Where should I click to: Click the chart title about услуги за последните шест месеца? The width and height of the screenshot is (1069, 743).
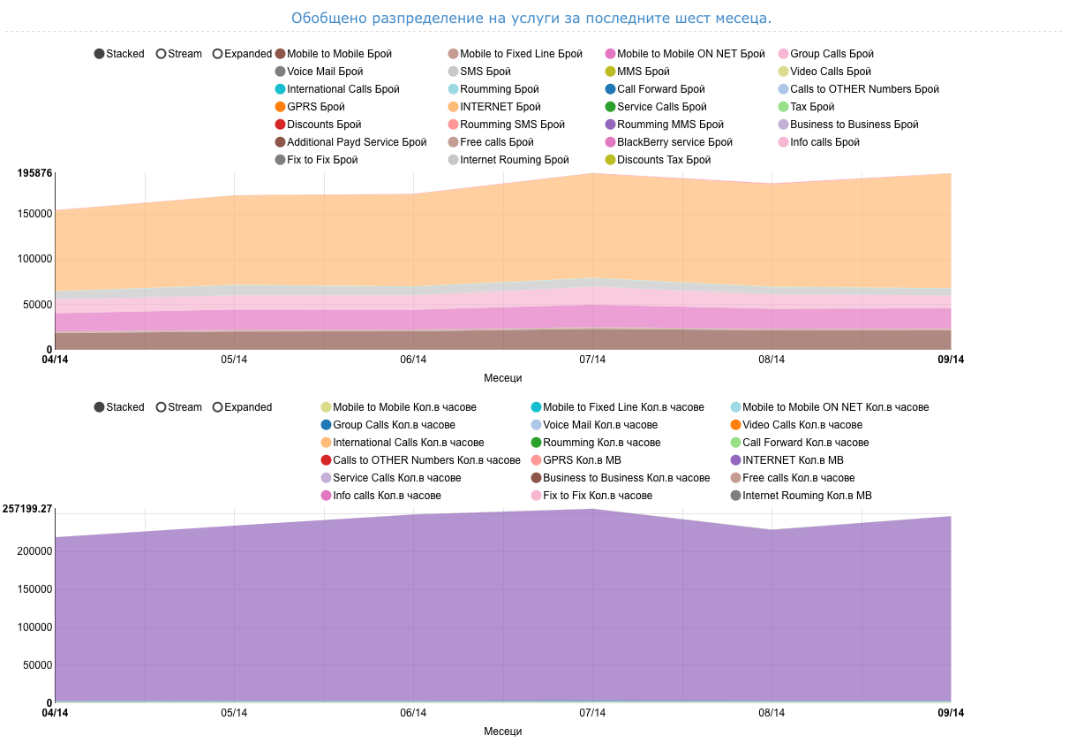tap(531, 18)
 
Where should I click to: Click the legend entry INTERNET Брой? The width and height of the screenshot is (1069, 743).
tap(487, 107)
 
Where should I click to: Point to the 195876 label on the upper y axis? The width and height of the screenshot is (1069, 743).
tap(34, 173)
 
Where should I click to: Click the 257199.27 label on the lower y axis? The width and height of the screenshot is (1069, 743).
tap(27, 509)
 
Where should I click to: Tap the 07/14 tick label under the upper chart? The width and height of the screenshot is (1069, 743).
tap(592, 360)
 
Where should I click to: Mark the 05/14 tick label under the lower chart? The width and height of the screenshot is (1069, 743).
tap(234, 713)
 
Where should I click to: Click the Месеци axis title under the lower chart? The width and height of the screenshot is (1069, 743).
tap(503, 732)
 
